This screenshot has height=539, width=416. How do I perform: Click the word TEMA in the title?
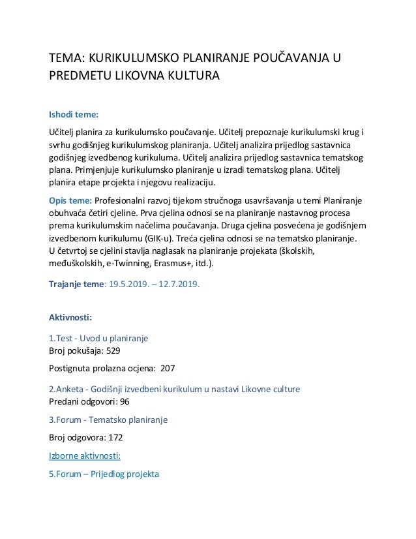click(66, 60)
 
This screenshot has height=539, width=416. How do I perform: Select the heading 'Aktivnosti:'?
click(70, 318)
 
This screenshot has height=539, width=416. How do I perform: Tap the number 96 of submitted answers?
click(124, 401)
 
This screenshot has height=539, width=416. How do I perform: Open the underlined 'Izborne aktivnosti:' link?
click(89, 455)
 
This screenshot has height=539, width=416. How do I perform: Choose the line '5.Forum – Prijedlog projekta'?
click(104, 474)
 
